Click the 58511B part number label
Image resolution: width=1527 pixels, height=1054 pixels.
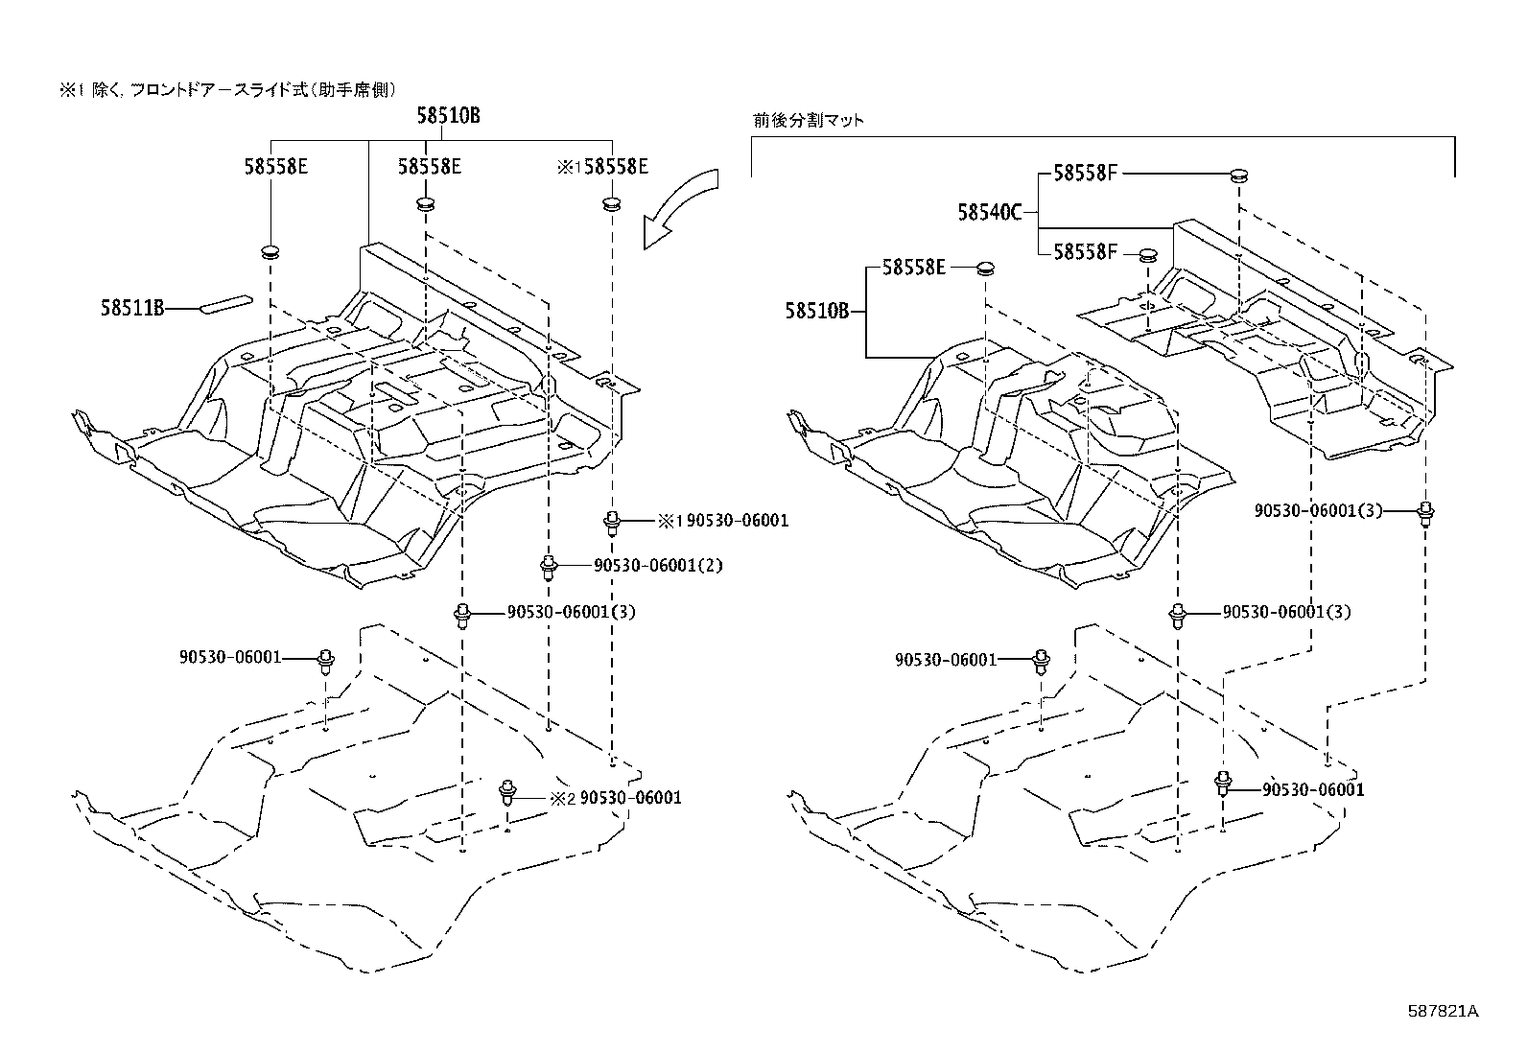click(132, 308)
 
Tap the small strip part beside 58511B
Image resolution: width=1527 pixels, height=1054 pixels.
click(226, 304)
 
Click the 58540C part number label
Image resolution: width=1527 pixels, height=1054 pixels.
click(989, 212)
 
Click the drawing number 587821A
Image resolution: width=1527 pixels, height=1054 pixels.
click(1444, 1011)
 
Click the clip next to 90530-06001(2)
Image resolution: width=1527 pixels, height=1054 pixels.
click(548, 566)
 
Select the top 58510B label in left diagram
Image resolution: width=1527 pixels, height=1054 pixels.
click(448, 116)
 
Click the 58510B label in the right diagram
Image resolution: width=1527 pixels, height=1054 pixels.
click(817, 311)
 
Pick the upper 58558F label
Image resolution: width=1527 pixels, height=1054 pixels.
click(1086, 173)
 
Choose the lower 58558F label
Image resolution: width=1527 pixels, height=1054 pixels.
click(1086, 251)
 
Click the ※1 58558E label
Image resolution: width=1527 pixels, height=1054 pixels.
click(602, 167)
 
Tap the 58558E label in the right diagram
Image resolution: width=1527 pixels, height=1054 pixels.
click(914, 268)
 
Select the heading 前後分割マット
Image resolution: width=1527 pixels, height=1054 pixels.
click(809, 121)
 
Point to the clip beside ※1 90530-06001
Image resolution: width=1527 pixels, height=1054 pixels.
click(611, 523)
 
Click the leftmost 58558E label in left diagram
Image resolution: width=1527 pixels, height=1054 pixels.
click(275, 167)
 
